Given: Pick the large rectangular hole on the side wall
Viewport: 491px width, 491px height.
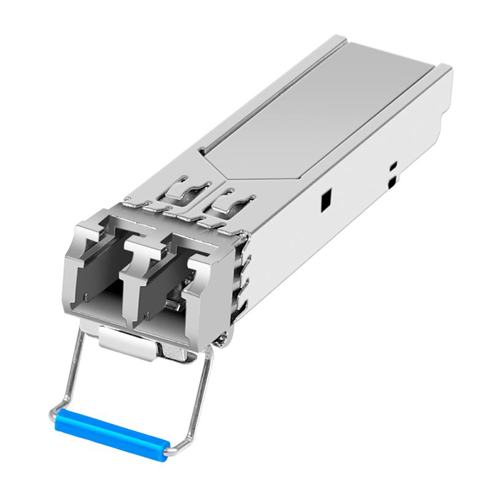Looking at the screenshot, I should pos(326,198).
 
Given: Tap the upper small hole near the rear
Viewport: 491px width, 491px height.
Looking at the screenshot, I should pos(393,166).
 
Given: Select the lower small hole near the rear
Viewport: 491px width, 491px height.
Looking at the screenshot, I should pos(392,182).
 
